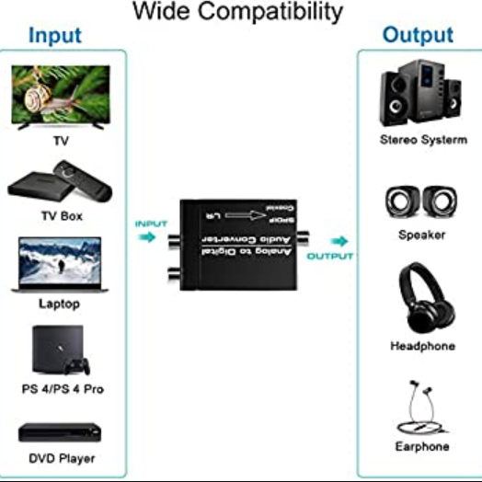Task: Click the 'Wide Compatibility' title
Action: pos(238,12)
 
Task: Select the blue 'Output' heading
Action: pos(418,35)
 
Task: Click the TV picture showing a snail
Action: pos(61,96)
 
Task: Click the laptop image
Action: pos(60,264)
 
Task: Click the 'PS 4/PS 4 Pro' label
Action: pos(63,389)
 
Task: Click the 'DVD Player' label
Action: pos(62,458)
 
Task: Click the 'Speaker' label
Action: pos(421,235)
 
